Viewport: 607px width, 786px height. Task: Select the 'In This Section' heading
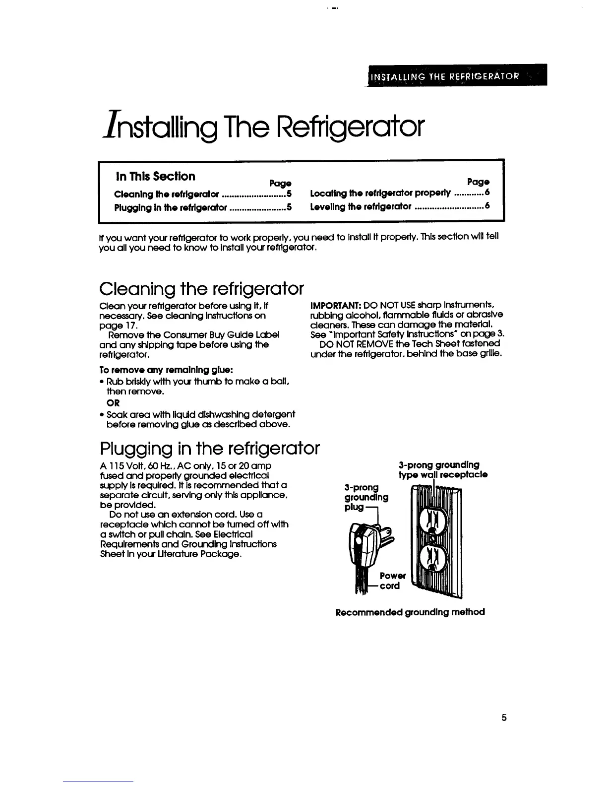(x=155, y=176)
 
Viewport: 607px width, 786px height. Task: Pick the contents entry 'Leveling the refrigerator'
(x=361, y=206)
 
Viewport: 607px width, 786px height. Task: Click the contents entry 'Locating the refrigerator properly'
(x=380, y=193)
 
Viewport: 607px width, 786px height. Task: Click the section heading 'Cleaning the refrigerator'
(x=201, y=288)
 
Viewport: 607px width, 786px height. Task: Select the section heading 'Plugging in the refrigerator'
(x=209, y=449)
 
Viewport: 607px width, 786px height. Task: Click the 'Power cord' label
(x=392, y=581)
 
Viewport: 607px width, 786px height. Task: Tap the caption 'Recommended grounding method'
(x=410, y=612)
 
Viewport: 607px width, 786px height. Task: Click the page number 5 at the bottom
(x=504, y=718)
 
